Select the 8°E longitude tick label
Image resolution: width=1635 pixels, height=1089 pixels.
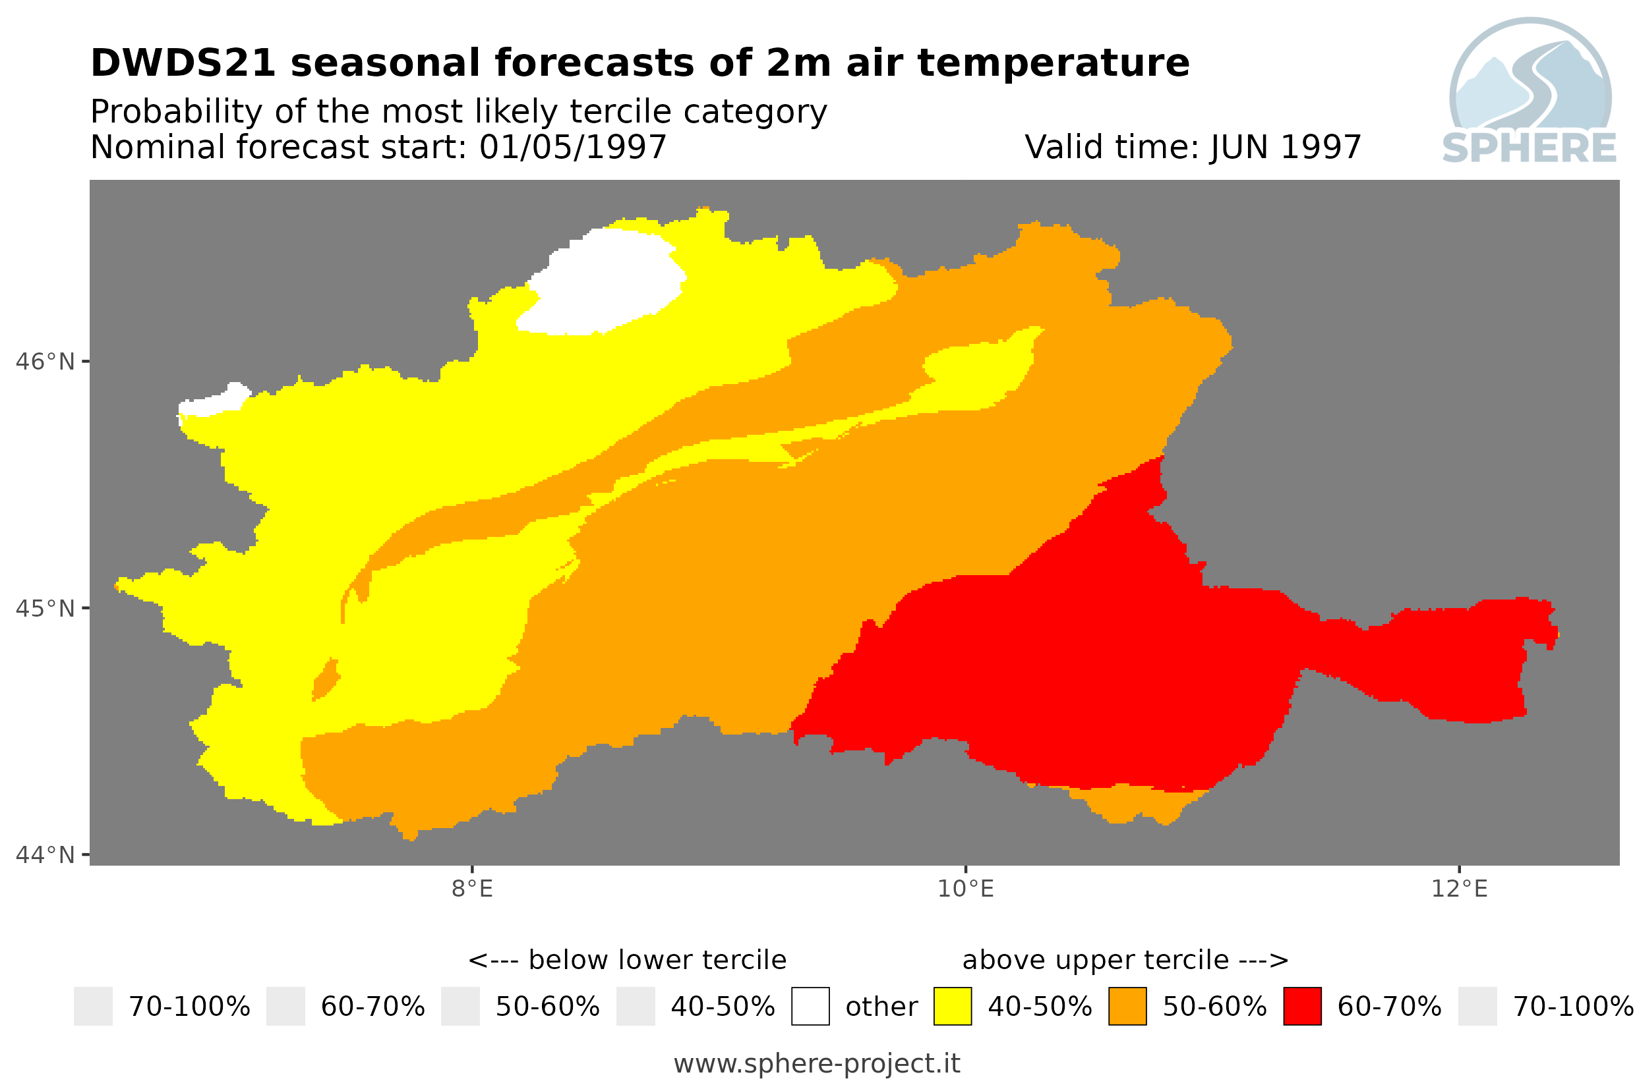473,888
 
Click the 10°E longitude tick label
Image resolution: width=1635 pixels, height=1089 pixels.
966,888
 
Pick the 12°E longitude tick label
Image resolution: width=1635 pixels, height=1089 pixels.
1459,888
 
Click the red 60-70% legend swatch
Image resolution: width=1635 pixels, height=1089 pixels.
1302,1007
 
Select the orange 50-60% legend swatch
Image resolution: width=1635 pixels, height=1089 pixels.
1127,1007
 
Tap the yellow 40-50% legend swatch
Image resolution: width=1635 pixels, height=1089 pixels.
952,1007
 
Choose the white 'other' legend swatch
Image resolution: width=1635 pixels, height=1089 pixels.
810,1007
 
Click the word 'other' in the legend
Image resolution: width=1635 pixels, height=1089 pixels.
881,1007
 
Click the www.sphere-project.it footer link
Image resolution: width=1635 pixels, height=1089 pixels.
817,1064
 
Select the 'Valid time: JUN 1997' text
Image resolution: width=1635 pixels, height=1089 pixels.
1193,147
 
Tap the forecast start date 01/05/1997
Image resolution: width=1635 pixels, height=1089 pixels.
572,147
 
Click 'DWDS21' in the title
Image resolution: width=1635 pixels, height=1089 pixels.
183,63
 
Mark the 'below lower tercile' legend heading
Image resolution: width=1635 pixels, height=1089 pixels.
657,960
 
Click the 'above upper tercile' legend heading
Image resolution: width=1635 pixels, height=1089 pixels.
1096,960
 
